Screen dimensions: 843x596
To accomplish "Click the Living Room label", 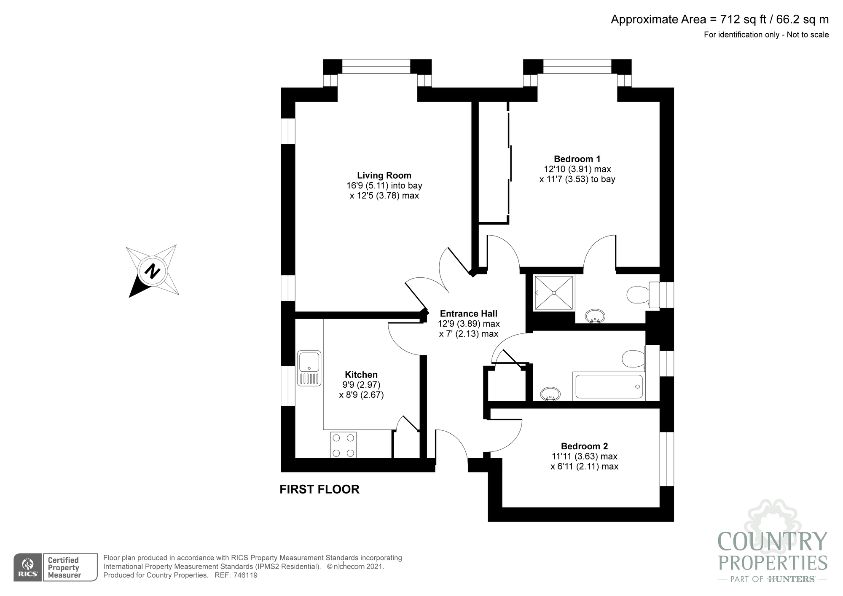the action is point(384,175).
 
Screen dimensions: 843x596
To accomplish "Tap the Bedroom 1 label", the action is point(577,159).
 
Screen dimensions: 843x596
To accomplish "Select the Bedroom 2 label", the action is point(584,446).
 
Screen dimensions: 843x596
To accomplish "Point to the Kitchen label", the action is point(361,375).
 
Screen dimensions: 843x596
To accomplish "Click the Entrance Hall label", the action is point(469,314).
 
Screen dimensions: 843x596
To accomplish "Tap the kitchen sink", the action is point(309,368).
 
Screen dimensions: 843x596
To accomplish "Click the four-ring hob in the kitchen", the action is point(343,445).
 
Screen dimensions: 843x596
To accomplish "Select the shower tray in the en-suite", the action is point(554,293).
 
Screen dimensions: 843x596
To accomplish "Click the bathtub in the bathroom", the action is point(609,386).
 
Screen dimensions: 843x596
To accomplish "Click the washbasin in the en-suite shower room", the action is point(595,316).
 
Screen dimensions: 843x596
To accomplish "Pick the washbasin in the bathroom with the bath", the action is point(550,394).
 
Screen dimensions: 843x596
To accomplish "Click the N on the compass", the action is point(152,271).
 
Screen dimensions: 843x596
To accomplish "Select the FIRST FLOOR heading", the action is point(319,489).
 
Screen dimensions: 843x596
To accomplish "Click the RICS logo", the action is point(27,567).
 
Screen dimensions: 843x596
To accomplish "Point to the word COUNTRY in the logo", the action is point(773,542).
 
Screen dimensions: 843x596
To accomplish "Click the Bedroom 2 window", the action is point(666,459).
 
